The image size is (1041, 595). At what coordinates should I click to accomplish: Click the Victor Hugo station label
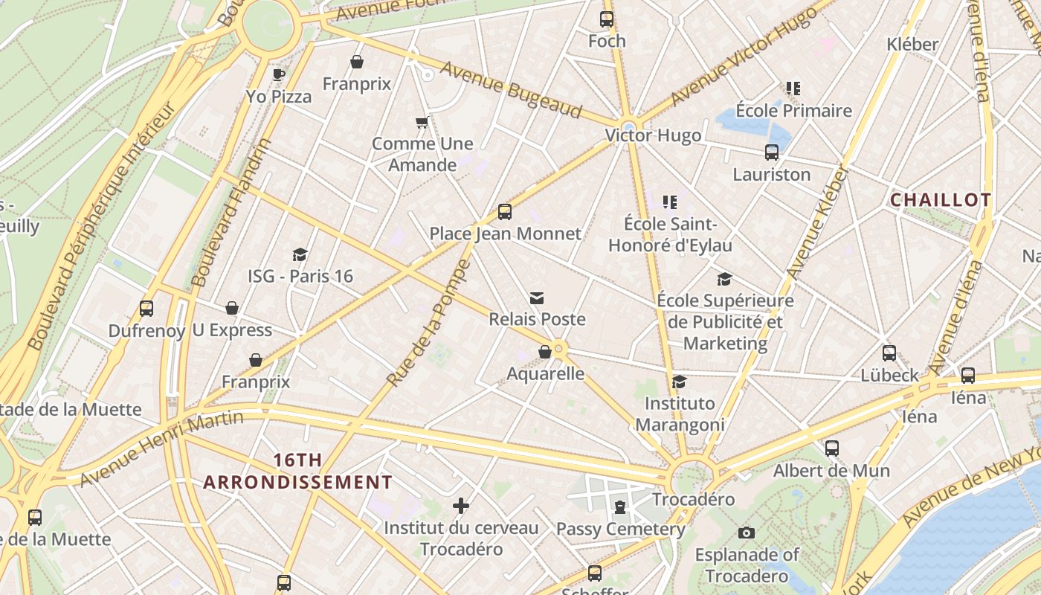tap(652, 135)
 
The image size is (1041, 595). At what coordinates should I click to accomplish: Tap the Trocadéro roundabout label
tap(693, 499)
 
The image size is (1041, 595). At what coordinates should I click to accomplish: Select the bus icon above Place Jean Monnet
tap(505, 212)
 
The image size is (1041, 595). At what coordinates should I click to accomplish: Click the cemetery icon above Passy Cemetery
tap(619, 507)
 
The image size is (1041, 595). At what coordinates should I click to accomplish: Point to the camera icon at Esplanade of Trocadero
tap(747, 533)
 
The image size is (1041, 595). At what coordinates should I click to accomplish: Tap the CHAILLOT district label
tap(940, 200)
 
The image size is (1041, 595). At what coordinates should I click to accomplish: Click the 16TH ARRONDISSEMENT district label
tap(297, 471)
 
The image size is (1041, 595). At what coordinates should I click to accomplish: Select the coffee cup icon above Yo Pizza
tap(279, 74)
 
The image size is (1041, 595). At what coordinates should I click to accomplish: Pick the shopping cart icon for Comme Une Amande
tap(422, 122)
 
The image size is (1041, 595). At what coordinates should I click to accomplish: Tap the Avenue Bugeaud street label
tap(511, 89)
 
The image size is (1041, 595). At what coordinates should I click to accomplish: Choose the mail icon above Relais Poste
tap(537, 298)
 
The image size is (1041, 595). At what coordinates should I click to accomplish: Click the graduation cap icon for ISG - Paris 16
tap(300, 255)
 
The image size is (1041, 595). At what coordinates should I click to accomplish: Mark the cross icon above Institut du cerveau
tap(461, 506)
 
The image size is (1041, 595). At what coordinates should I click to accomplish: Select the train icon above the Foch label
tap(607, 19)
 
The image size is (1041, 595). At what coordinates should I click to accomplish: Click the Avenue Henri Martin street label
tap(161, 448)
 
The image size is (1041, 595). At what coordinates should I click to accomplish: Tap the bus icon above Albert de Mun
tap(831, 448)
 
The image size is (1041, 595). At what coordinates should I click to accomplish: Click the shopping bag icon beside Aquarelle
tap(545, 352)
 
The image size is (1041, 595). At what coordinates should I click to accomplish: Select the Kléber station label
tap(912, 45)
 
